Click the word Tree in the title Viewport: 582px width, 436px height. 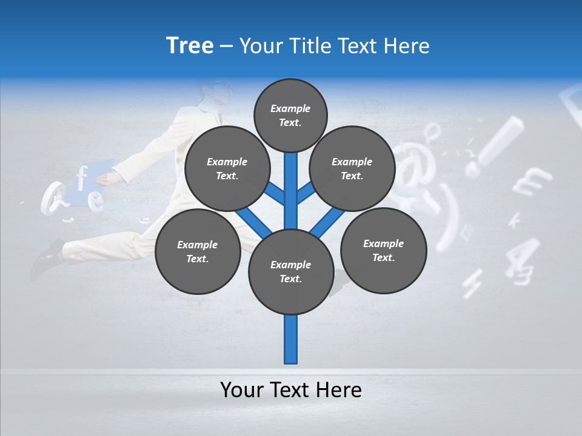click(190, 45)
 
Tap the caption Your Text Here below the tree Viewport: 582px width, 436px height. click(290, 390)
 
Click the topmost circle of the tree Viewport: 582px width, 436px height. click(290, 115)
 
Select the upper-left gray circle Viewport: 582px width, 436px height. click(227, 168)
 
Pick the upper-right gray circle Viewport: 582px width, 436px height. click(352, 168)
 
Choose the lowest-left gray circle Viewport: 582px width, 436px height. click(198, 251)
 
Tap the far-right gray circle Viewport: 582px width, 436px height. click(383, 250)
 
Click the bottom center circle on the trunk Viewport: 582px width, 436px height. click(291, 271)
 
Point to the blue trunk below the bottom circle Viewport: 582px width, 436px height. click(291, 339)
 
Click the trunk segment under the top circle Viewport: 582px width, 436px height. click(291, 182)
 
